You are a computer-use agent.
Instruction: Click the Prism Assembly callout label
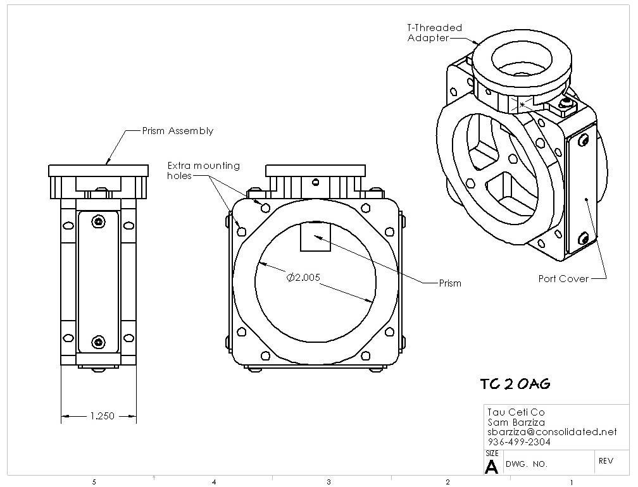[178, 131]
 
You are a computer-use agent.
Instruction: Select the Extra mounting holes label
[203, 171]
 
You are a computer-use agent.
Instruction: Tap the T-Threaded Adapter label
[435, 33]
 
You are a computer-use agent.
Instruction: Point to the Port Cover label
[563, 279]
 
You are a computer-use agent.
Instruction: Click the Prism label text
[450, 283]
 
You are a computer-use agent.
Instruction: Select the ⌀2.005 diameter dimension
[304, 278]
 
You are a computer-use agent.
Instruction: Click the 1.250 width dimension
[102, 416]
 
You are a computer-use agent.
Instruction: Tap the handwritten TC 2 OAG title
[515, 384]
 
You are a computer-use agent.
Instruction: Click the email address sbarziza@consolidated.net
[552, 432]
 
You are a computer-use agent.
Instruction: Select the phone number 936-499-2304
[519, 442]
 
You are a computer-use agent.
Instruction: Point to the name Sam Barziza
[516, 422]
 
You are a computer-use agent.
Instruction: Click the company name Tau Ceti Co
[516, 412]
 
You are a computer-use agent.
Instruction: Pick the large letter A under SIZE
[492, 467]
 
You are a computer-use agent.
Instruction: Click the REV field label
[606, 461]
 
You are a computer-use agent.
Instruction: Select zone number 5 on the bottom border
[94, 482]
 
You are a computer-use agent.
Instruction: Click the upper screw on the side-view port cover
[98, 222]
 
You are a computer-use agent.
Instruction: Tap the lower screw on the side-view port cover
[98, 342]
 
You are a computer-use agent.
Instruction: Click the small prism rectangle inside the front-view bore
[315, 237]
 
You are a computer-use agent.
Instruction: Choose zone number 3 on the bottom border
[328, 482]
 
